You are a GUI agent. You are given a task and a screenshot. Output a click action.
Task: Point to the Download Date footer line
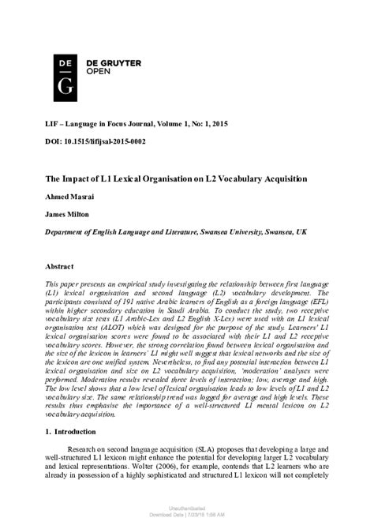pos(186,520)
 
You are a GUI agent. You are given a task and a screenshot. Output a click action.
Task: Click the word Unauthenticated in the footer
pos(186,513)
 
